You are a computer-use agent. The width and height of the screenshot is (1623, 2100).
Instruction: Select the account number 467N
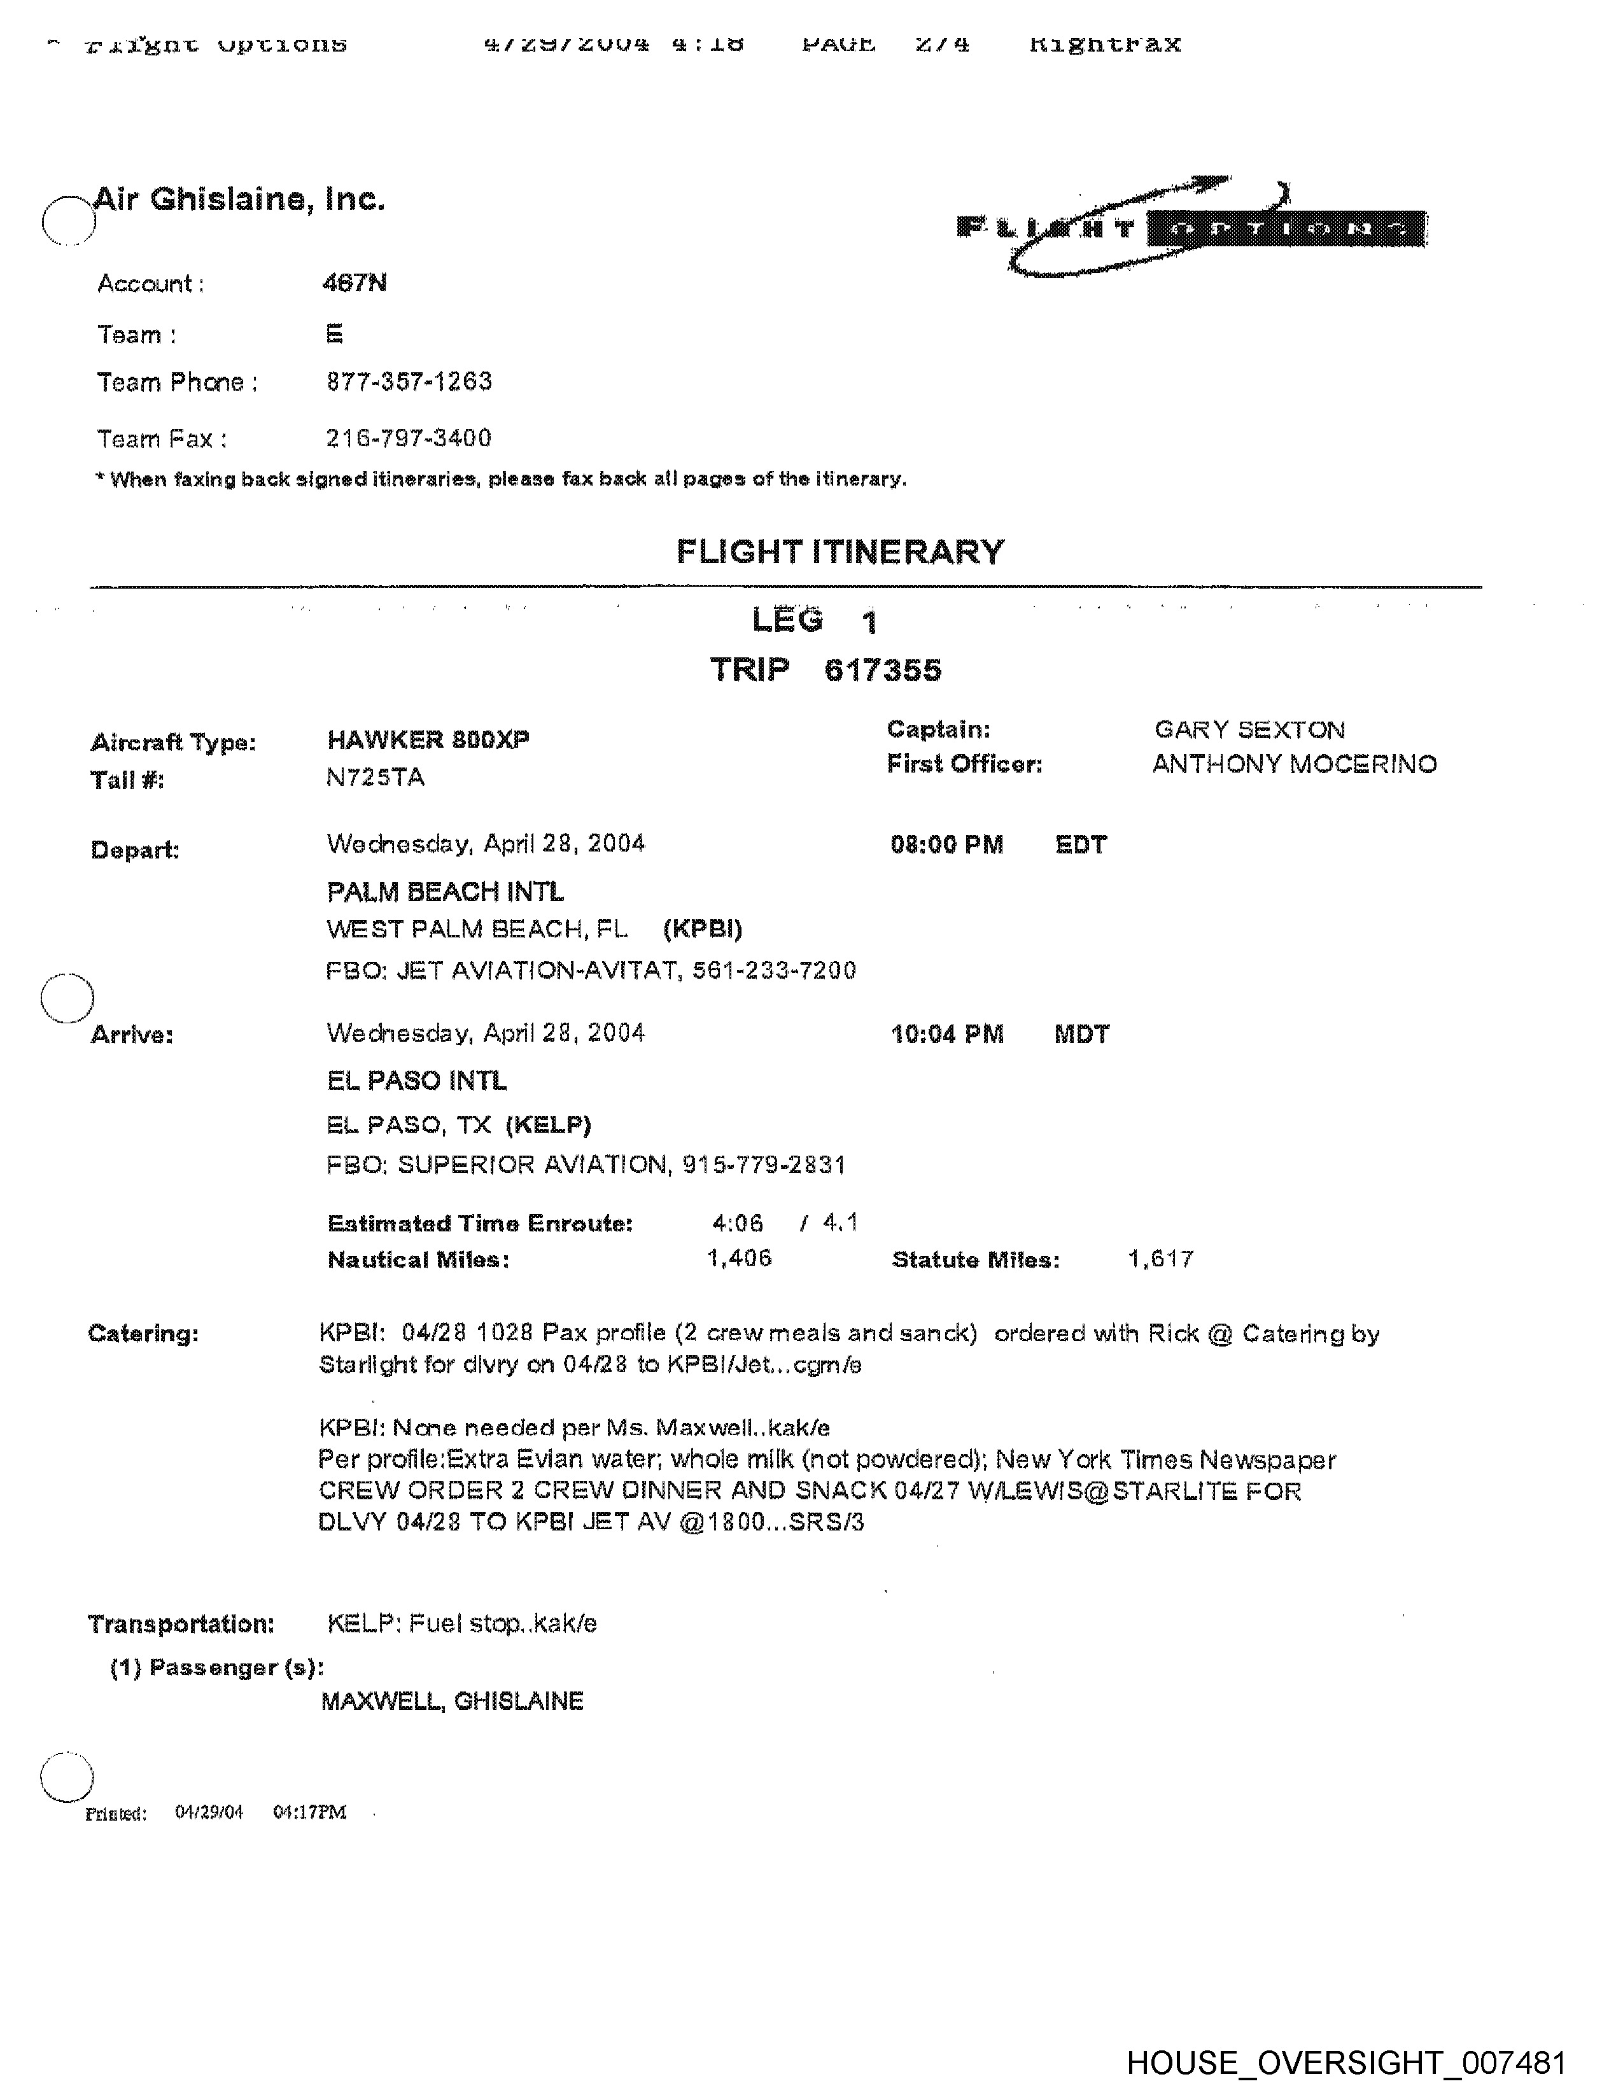(355, 283)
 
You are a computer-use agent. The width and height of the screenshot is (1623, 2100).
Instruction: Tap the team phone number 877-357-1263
(409, 382)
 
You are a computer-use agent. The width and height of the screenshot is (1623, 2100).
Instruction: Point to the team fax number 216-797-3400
(409, 438)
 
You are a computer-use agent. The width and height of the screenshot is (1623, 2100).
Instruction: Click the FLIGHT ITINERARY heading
(840, 552)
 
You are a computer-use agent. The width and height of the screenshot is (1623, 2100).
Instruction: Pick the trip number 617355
(883, 670)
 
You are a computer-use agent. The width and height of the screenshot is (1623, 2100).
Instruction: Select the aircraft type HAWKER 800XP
(428, 739)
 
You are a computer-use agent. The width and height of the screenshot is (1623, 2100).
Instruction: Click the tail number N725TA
(375, 778)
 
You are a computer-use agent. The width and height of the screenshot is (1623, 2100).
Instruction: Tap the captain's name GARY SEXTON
(1249, 730)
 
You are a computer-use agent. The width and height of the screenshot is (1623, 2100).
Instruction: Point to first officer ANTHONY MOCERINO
(1294, 764)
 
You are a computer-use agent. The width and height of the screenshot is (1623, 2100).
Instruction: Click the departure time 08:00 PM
(946, 845)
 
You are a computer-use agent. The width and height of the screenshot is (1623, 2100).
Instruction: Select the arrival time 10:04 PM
(946, 1035)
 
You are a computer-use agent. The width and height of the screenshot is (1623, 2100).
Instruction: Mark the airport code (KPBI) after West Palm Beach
(702, 929)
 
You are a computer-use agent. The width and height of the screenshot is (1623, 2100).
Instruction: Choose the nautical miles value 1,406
(738, 1259)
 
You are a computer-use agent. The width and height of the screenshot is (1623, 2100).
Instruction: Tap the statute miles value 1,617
(1160, 1259)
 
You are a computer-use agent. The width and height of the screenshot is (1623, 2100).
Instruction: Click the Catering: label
(143, 1334)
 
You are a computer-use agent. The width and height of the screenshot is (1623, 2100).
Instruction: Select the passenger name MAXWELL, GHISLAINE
(452, 1701)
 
